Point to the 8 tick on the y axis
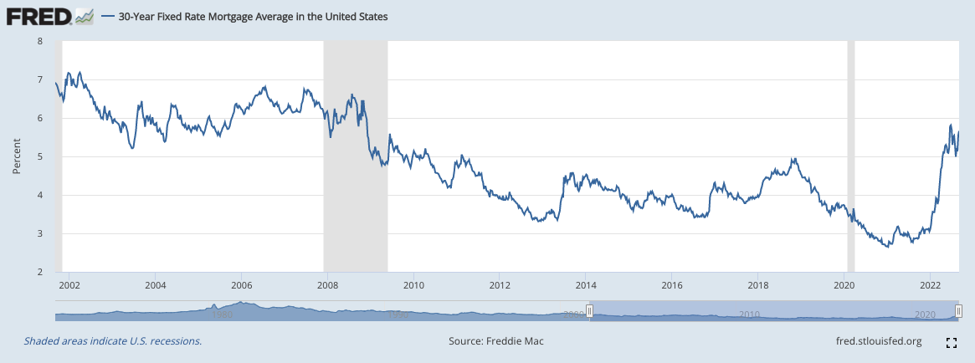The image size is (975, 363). [x=39, y=40]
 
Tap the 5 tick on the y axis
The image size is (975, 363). [x=39, y=156]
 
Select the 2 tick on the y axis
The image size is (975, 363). [x=39, y=272]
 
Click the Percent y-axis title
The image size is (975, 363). [x=16, y=156]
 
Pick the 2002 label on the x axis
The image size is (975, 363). [x=69, y=285]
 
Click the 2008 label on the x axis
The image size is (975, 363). [x=327, y=285]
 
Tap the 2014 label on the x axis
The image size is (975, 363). [x=585, y=285]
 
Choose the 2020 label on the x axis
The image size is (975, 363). [x=844, y=285]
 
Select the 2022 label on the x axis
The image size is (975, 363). [x=930, y=285]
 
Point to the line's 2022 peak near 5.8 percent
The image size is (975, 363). [x=951, y=125]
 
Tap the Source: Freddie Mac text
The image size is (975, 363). [x=496, y=341]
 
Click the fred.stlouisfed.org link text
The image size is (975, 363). [x=879, y=341]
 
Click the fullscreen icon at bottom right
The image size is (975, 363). [x=951, y=342]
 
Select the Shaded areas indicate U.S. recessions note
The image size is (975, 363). [x=113, y=341]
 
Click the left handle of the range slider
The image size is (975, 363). [x=589, y=312]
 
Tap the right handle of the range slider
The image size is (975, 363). [x=957, y=312]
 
